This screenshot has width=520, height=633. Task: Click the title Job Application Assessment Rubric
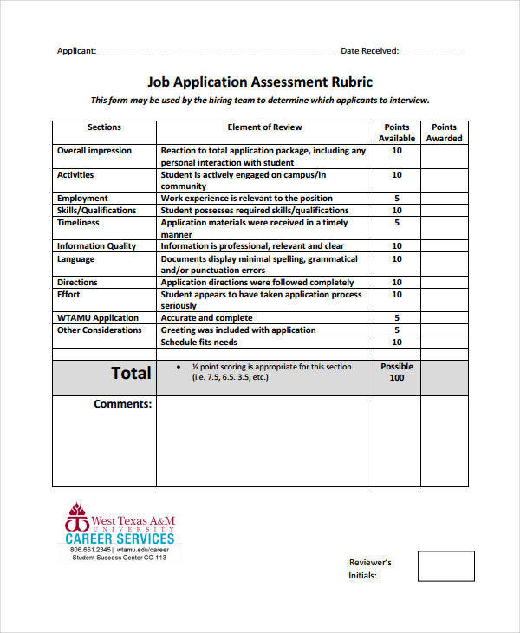260,82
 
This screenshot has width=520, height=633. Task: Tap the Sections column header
104,127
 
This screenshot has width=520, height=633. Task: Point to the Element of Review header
264,127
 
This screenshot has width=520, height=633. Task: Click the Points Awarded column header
444,133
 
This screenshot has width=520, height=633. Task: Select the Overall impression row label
94,151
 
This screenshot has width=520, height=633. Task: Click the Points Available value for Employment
397,199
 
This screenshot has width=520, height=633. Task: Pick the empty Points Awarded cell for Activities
444,180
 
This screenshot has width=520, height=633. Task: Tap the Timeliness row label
78,223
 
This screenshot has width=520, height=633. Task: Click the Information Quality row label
96,246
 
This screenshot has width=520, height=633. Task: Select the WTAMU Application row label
98,318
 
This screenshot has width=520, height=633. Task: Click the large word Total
131,374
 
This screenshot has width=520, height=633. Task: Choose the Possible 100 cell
397,373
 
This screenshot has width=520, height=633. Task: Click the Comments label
122,404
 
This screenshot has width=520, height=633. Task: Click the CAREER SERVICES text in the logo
120,538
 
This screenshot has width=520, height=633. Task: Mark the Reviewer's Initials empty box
445,565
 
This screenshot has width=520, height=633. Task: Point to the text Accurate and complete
206,318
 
